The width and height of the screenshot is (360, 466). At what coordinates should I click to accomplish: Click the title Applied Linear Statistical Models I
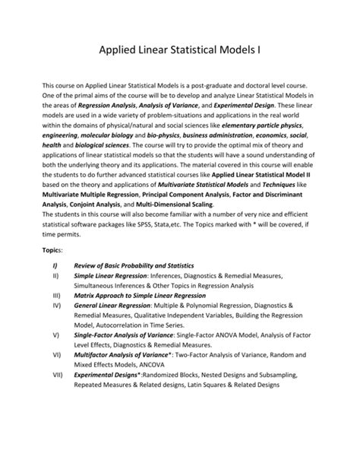[180, 52]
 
